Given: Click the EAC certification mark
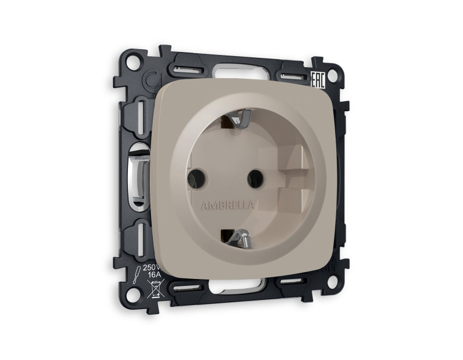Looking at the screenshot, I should [318, 80].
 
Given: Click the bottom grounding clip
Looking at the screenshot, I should [240, 238].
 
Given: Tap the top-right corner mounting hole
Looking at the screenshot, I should [332, 75].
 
